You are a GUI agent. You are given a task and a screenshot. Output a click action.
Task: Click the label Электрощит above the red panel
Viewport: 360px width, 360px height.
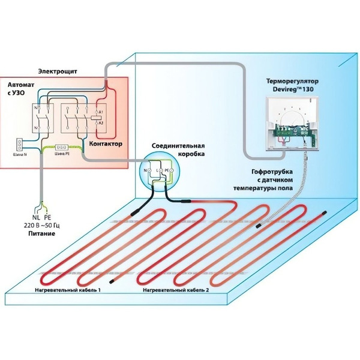point(58,71)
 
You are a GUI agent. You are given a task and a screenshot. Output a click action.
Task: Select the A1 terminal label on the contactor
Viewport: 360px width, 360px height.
point(101,112)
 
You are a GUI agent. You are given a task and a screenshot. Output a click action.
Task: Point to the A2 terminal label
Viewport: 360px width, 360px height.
point(101,122)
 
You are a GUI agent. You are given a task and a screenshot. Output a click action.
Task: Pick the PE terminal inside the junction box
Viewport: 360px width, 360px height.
point(167,171)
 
